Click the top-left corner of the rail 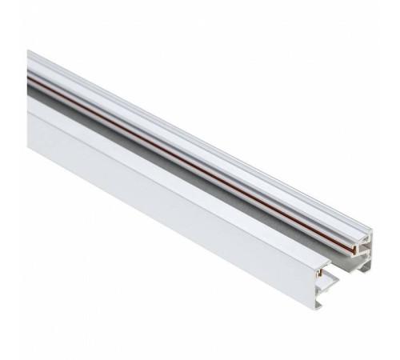click(28, 52)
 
